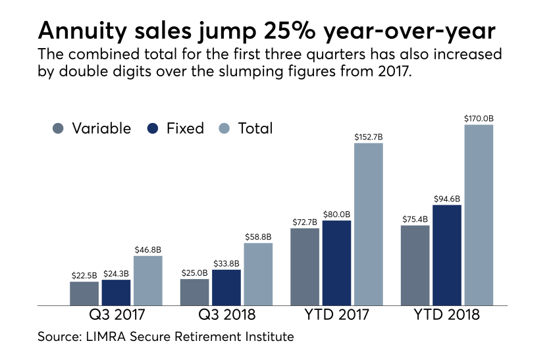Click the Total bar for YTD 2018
479,215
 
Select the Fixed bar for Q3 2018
226,288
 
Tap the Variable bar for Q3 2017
84,294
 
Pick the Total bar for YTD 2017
369,224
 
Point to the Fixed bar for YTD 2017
336,263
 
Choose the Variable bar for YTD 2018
415,266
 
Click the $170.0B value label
479,118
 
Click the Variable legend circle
58,128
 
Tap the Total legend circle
224,128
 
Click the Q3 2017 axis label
117,315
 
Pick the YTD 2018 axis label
447,315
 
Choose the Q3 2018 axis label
226,315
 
